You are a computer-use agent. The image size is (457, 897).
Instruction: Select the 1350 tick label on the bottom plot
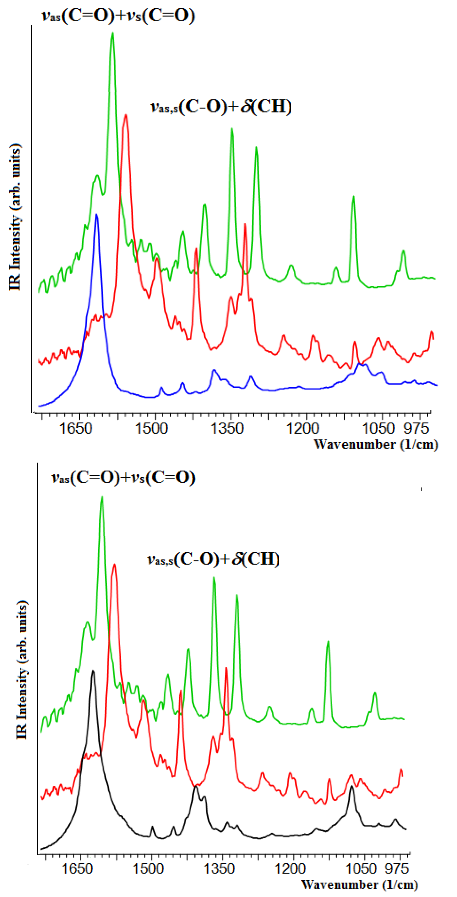click(x=219, y=868)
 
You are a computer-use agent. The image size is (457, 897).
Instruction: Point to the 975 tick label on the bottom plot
click(x=396, y=868)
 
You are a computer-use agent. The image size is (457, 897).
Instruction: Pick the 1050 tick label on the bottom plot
click(x=361, y=868)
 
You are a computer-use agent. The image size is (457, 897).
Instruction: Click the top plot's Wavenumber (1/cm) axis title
click(x=375, y=444)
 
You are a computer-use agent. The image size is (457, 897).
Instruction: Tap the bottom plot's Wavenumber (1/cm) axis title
click(x=359, y=884)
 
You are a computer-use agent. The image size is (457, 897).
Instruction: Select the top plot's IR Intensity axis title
click(x=15, y=217)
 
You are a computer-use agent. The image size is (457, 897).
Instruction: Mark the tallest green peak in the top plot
click(x=112, y=34)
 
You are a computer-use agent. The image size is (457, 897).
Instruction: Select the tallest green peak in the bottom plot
click(x=102, y=498)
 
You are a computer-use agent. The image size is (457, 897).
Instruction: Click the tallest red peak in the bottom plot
click(x=114, y=565)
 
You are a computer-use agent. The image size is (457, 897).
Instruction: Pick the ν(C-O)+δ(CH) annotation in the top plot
click(x=221, y=107)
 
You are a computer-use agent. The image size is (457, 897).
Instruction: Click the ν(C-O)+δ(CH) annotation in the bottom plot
click(x=213, y=559)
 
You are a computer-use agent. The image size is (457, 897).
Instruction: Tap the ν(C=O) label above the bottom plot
click(x=123, y=478)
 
